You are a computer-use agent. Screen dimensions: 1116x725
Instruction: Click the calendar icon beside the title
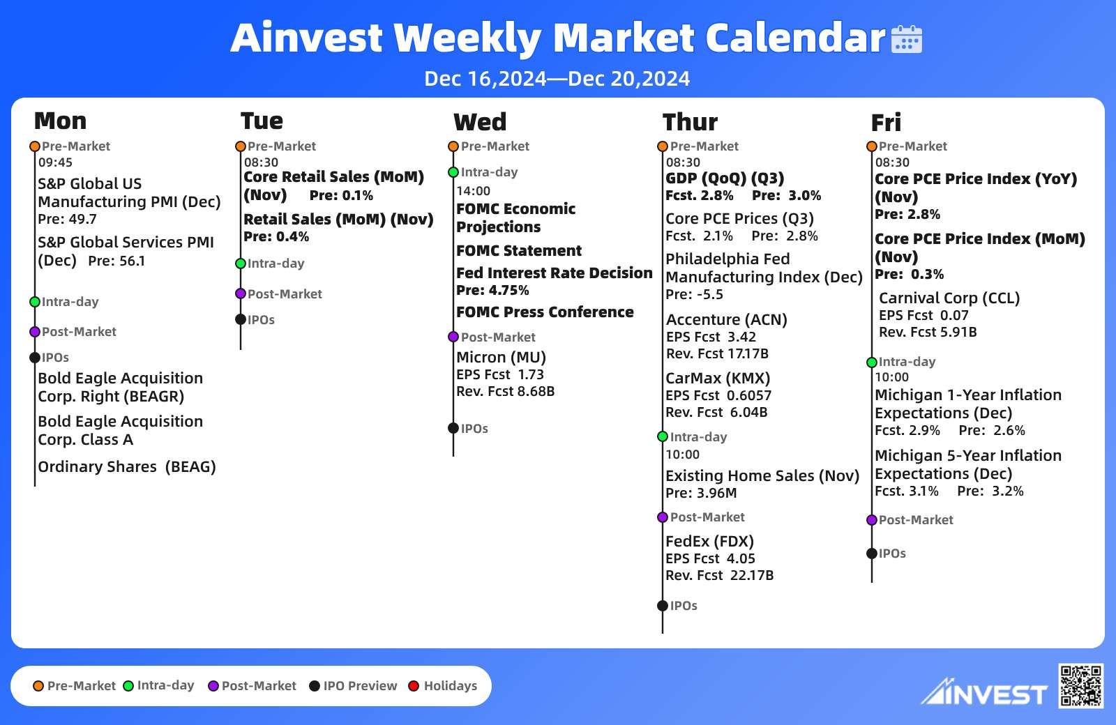pos(906,39)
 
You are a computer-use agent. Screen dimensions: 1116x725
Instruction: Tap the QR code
pos(1080,685)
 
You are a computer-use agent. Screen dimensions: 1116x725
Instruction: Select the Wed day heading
pos(480,122)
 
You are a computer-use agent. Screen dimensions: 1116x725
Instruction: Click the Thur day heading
pos(690,122)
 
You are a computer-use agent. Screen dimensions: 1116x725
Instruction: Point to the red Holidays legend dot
pos(414,686)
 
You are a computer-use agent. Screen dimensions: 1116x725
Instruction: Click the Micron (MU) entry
pos(502,357)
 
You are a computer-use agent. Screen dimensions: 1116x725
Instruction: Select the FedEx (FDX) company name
pos(709,541)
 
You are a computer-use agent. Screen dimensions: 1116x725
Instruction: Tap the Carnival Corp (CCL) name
pos(949,298)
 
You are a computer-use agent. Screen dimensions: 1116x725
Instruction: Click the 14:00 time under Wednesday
pos(474,191)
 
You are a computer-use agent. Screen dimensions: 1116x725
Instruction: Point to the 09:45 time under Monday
pos(55,162)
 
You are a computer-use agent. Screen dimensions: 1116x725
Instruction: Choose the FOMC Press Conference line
pos(545,312)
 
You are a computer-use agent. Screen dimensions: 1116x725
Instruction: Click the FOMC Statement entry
pos(519,250)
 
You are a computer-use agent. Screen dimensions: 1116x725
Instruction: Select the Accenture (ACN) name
pos(726,319)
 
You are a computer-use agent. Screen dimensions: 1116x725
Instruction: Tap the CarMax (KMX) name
pos(718,378)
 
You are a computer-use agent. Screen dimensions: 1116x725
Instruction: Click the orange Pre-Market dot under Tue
pos(241,146)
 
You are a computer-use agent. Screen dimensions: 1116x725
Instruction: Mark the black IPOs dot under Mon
pos(35,358)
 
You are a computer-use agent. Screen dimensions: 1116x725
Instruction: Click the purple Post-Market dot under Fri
pos(872,520)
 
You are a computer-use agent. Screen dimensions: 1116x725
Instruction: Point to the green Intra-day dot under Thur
pos(663,436)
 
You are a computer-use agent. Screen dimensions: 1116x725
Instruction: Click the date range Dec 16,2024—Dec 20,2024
pos(557,79)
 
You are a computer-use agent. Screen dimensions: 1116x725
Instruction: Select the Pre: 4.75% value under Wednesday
pos(492,290)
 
